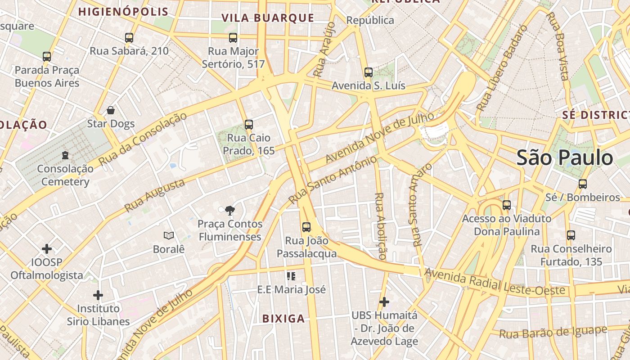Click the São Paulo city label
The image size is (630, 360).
coord(564,158)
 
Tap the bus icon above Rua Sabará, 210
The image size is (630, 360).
coord(129,38)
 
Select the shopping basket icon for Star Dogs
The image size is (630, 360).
coord(111,110)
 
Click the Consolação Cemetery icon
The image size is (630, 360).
coord(65,155)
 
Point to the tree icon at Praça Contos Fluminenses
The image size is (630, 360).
coord(230,210)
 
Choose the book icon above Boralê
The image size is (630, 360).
coord(169,235)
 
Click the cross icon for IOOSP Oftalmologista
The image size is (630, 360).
coord(47,249)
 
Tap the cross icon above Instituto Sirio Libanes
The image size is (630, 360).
coord(98,295)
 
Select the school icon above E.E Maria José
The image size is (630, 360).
coord(291,276)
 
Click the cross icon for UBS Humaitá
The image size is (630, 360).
coord(384,301)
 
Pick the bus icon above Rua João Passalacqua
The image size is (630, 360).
coord(306,227)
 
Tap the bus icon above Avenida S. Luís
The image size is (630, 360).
coord(368,72)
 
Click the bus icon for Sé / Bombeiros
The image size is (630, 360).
coord(583,184)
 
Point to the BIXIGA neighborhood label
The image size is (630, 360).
coord(283,319)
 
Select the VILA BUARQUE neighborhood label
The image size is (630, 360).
coord(268,18)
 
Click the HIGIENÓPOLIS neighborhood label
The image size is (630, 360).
coord(123,12)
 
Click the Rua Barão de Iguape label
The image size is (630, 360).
coord(553,333)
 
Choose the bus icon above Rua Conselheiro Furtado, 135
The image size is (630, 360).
coord(571,235)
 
